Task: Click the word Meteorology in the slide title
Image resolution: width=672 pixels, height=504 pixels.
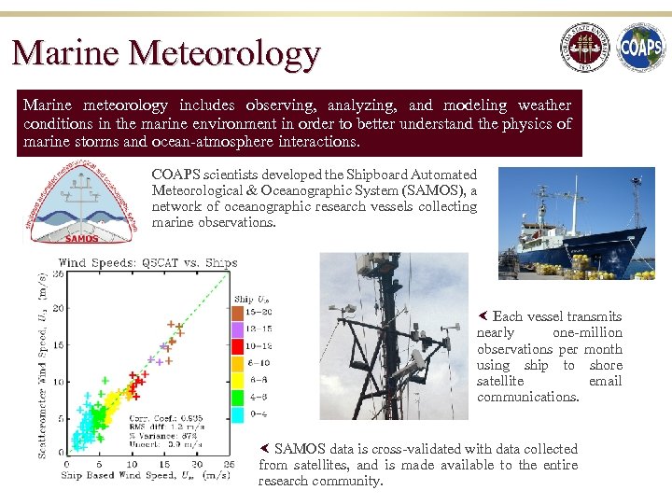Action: click(225, 53)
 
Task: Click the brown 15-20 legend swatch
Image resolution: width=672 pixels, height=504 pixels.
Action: click(238, 312)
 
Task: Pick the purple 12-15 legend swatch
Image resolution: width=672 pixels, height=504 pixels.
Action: click(238, 329)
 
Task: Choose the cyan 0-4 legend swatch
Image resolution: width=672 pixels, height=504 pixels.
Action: click(238, 413)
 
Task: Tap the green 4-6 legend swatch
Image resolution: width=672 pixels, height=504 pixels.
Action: click(238, 397)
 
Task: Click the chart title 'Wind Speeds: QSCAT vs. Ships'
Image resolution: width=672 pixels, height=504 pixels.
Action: click(148, 263)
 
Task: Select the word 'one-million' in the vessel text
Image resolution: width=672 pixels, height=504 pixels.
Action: click(587, 333)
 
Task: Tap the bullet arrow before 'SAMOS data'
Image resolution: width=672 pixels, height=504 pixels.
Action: click(264, 449)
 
